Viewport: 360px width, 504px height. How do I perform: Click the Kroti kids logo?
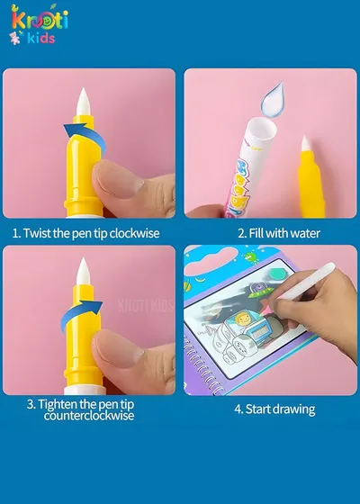coord(39,25)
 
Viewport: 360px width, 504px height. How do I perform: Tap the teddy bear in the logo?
coord(14,38)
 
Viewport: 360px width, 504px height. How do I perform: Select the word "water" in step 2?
coord(304,233)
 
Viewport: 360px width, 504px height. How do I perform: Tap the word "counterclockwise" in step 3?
coord(89,416)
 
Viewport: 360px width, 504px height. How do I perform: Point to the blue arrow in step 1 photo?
coord(85,137)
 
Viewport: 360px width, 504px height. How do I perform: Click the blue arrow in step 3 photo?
coord(81,314)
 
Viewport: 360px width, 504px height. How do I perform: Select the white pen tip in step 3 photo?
coord(83,271)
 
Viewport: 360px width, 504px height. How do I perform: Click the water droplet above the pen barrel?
coord(274,99)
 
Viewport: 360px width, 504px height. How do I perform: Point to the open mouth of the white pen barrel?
coord(261,128)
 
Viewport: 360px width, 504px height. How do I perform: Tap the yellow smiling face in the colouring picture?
coord(242,319)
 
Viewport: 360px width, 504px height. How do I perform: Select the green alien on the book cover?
coord(251,257)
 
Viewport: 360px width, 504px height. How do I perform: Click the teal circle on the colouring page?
coord(277,274)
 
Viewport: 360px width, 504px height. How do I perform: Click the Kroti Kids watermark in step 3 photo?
coord(146,305)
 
